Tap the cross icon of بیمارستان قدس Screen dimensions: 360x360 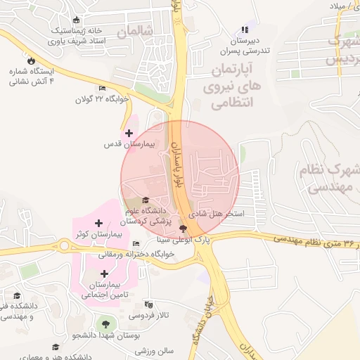tap(129, 132)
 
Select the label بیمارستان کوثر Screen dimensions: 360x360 tap(99, 233)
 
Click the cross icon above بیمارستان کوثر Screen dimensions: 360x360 tap(99, 222)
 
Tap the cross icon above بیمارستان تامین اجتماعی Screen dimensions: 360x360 tap(105, 273)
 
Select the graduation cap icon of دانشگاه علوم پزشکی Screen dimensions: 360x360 tap(146, 200)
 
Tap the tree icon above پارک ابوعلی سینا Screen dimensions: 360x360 tap(184, 228)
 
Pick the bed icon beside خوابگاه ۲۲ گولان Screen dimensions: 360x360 tap(103, 89)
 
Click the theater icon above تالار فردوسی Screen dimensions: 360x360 tap(147, 304)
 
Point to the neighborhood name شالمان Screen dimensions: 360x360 tap(135, 32)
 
